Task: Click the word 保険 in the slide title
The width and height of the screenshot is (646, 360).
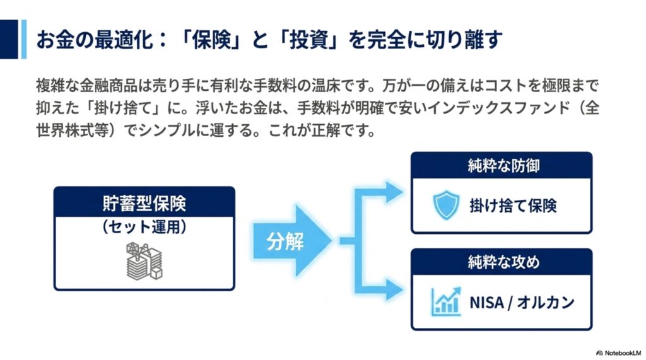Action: (x=211, y=40)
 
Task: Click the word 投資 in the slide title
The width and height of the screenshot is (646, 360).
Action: (x=308, y=40)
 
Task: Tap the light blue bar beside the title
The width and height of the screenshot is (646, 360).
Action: (x=24, y=39)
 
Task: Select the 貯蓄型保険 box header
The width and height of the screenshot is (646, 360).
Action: (x=144, y=202)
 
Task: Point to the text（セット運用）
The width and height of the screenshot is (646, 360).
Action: (x=144, y=226)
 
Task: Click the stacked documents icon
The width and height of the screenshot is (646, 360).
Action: (x=144, y=261)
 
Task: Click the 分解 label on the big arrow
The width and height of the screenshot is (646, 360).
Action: (x=285, y=241)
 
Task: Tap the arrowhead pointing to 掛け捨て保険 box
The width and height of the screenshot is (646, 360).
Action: (x=394, y=192)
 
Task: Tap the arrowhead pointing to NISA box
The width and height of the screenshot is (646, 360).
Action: (x=394, y=289)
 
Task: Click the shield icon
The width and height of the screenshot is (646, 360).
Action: (x=446, y=205)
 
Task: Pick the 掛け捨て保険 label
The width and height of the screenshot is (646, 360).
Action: (x=514, y=206)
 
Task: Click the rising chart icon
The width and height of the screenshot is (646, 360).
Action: (x=446, y=301)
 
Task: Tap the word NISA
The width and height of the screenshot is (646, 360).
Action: (x=487, y=303)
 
